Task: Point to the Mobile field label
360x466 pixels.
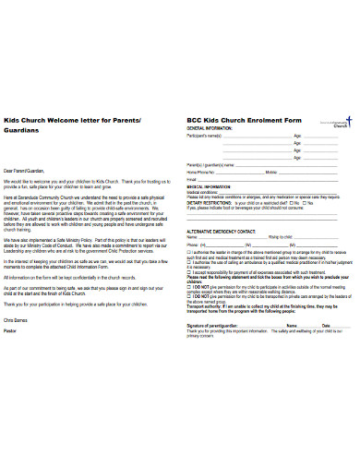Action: click(271, 173)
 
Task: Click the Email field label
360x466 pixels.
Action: click(191, 179)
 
